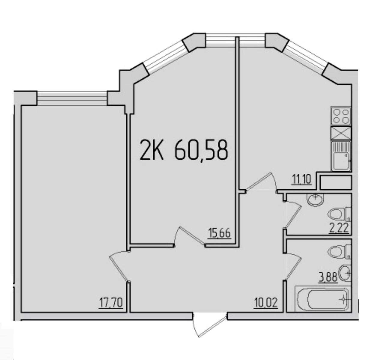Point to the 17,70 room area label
click(x=111, y=303)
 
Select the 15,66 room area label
click(x=219, y=234)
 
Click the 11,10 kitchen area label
click(x=301, y=180)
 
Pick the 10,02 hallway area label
click(x=266, y=303)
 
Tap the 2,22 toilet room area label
click(x=339, y=228)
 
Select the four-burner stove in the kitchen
click(x=341, y=116)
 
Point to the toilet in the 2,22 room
click(x=340, y=214)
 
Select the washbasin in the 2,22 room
click(x=316, y=200)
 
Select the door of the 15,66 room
click(x=190, y=236)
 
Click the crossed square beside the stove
click(x=341, y=133)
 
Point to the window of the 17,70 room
click(x=72, y=98)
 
